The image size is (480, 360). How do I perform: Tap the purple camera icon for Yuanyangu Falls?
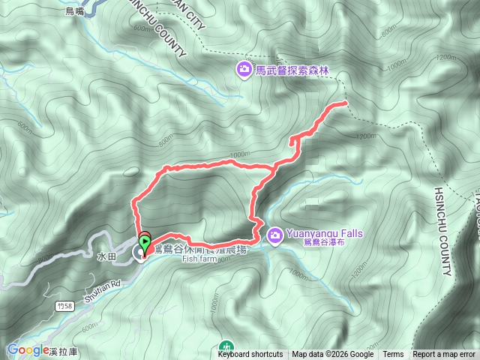(275, 235)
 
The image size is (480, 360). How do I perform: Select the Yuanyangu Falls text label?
(323, 233)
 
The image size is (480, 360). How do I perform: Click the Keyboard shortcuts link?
(250, 355)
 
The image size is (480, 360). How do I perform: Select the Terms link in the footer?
(393, 355)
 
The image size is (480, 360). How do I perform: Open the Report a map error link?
(445, 355)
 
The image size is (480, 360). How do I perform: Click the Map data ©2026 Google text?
(332, 355)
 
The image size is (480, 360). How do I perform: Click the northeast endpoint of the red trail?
(345, 102)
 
